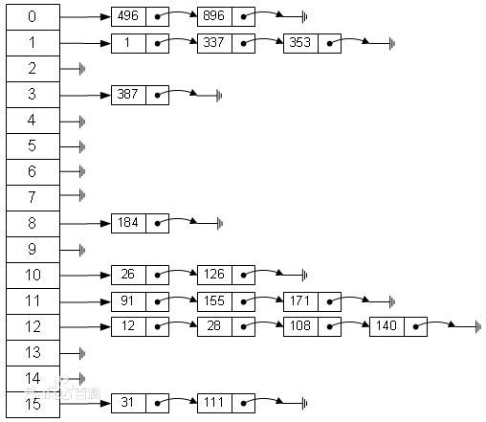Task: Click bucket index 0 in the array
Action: (x=32, y=17)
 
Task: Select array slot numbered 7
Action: (x=32, y=197)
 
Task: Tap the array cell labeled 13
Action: (x=32, y=352)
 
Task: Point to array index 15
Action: (x=32, y=404)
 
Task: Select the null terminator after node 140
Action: (x=477, y=327)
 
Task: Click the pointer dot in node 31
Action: (x=157, y=402)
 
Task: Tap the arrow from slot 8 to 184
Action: (x=86, y=223)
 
